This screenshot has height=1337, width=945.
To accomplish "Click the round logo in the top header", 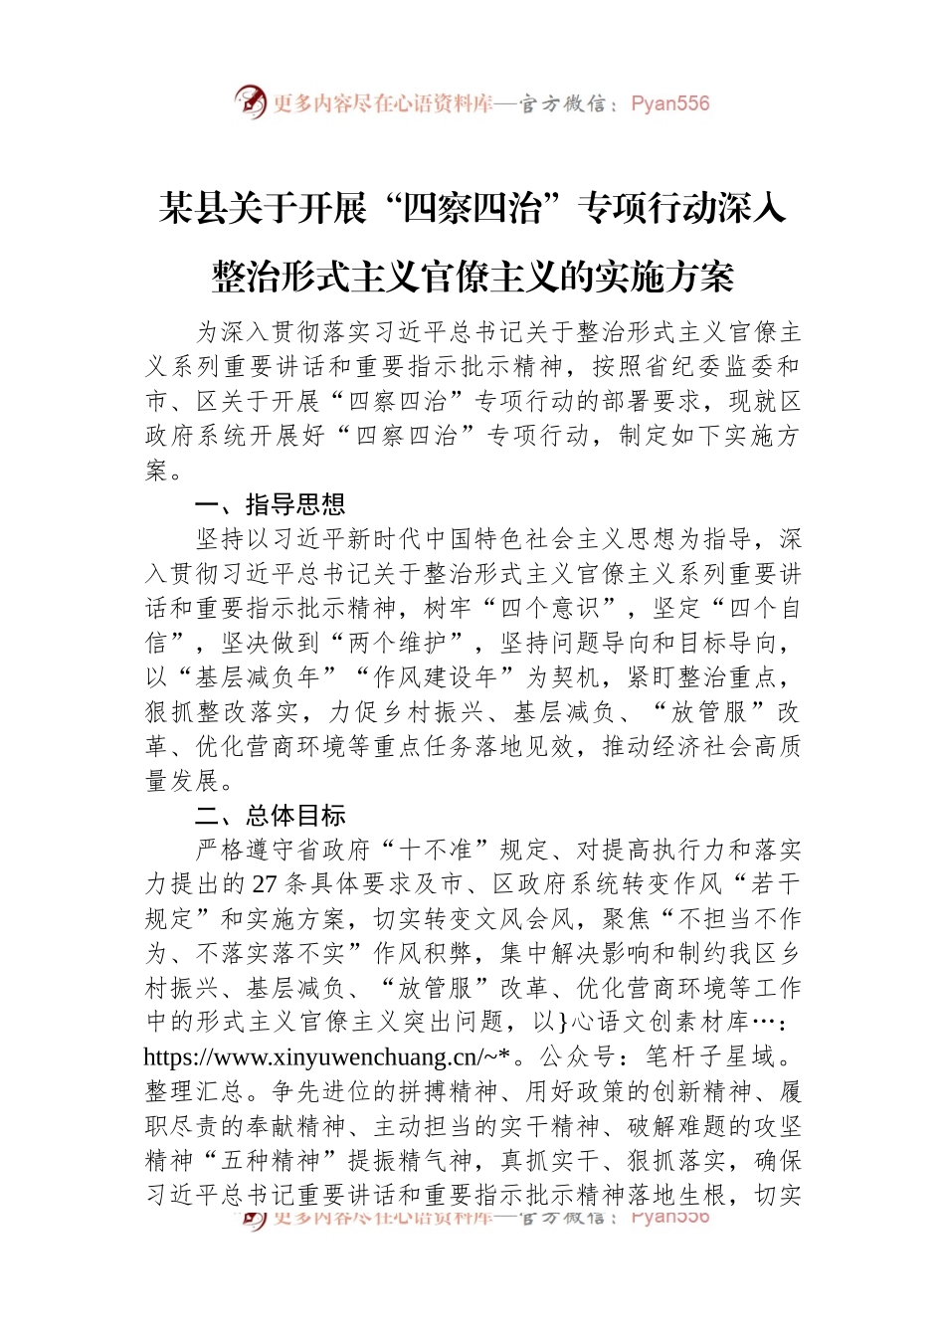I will (251, 101).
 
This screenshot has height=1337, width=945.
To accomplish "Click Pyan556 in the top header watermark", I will (669, 103).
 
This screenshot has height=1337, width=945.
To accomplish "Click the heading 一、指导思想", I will (270, 504).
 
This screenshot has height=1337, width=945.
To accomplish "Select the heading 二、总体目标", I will (270, 816).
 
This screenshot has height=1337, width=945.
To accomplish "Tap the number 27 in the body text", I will (265, 884).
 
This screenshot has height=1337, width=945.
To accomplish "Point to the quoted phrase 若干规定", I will (776, 884).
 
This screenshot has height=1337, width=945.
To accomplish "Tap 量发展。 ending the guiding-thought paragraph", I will (190, 781).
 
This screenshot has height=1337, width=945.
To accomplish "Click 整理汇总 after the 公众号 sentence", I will (194, 1091).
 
